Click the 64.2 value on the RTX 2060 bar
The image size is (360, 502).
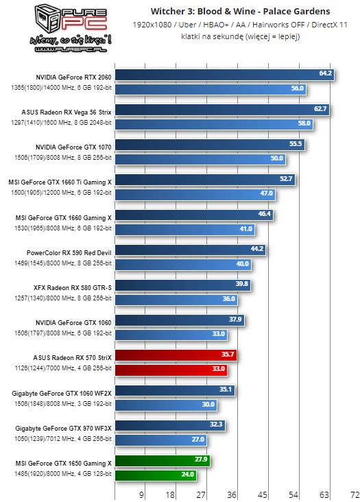coord(325,73)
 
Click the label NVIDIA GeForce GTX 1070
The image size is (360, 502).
coord(73,146)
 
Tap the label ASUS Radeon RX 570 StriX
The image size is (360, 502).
coord(72,357)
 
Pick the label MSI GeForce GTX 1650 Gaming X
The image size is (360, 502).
coord(64,463)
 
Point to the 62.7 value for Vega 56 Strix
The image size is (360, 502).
coord(320,109)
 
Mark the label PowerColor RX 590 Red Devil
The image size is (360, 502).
coord(69,252)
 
